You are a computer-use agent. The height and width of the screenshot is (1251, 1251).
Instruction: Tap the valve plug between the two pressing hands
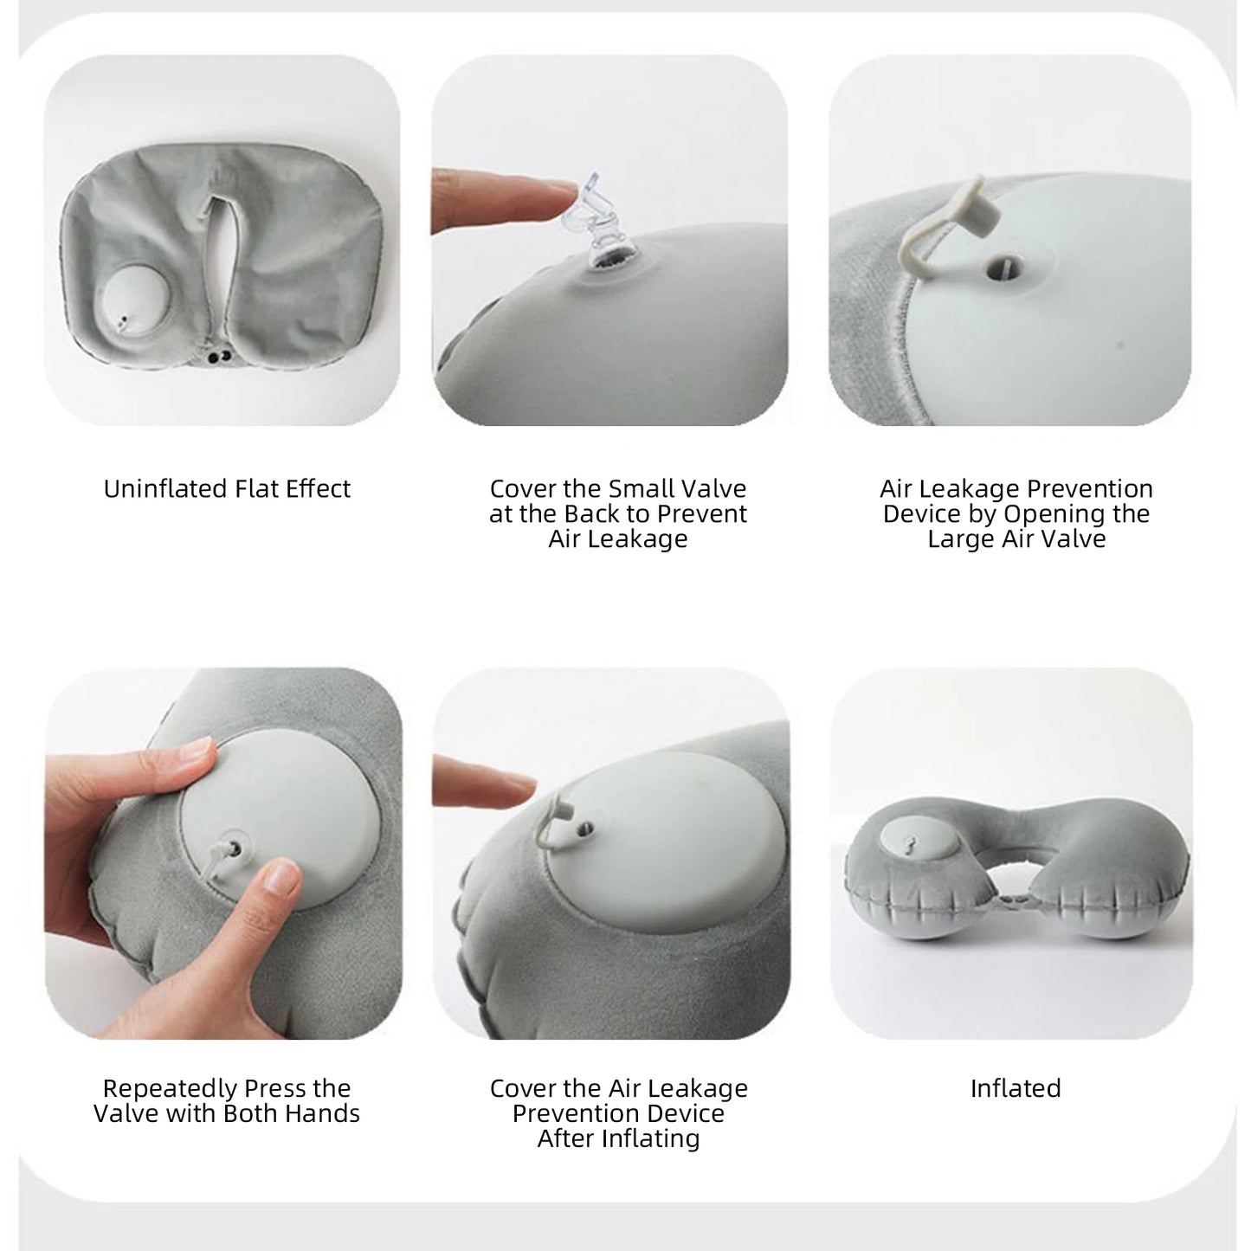232,844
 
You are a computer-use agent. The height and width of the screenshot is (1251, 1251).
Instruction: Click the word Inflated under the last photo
1015,1088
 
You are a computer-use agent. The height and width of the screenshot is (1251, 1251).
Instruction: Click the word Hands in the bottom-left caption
323,1113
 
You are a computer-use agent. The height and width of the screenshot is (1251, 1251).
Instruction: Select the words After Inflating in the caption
618,1138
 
